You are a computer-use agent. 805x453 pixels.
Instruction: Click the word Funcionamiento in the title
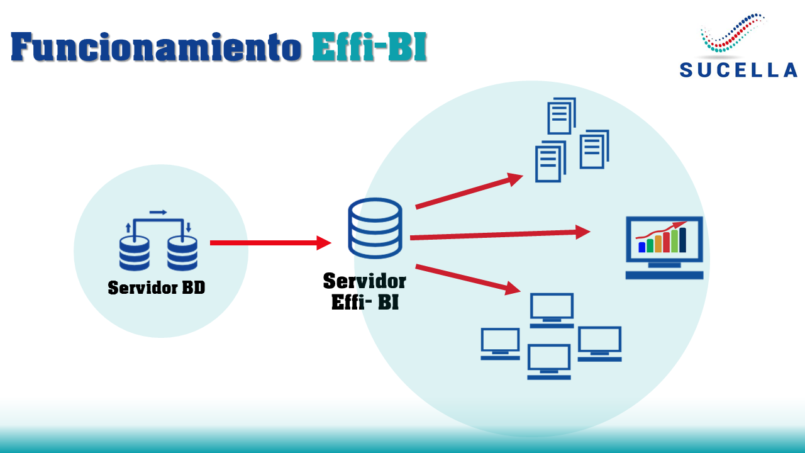(x=155, y=47)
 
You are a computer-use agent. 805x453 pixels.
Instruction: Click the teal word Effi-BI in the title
(x=369, y=47)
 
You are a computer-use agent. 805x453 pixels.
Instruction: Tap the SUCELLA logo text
(x=738, y=70)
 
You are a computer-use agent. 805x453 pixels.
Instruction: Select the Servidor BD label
(x=157, y=288)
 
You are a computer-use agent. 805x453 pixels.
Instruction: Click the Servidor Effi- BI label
(x=365, y=291)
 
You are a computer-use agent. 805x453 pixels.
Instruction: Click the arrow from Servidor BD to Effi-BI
(x=270, y=242)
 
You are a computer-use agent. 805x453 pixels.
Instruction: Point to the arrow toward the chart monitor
(x=499, y=235)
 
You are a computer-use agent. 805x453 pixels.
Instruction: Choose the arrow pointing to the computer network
(x=468, y=279)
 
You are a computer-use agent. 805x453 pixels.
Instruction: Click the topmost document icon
(x=562, y=116)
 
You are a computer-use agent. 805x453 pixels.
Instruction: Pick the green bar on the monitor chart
(x=674, y=241)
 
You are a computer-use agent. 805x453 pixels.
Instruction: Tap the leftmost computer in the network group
(x=500, y=344)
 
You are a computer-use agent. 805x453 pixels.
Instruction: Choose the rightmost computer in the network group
(x=599, y=344)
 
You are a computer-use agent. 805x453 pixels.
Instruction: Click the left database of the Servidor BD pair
(x=134, y=253)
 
